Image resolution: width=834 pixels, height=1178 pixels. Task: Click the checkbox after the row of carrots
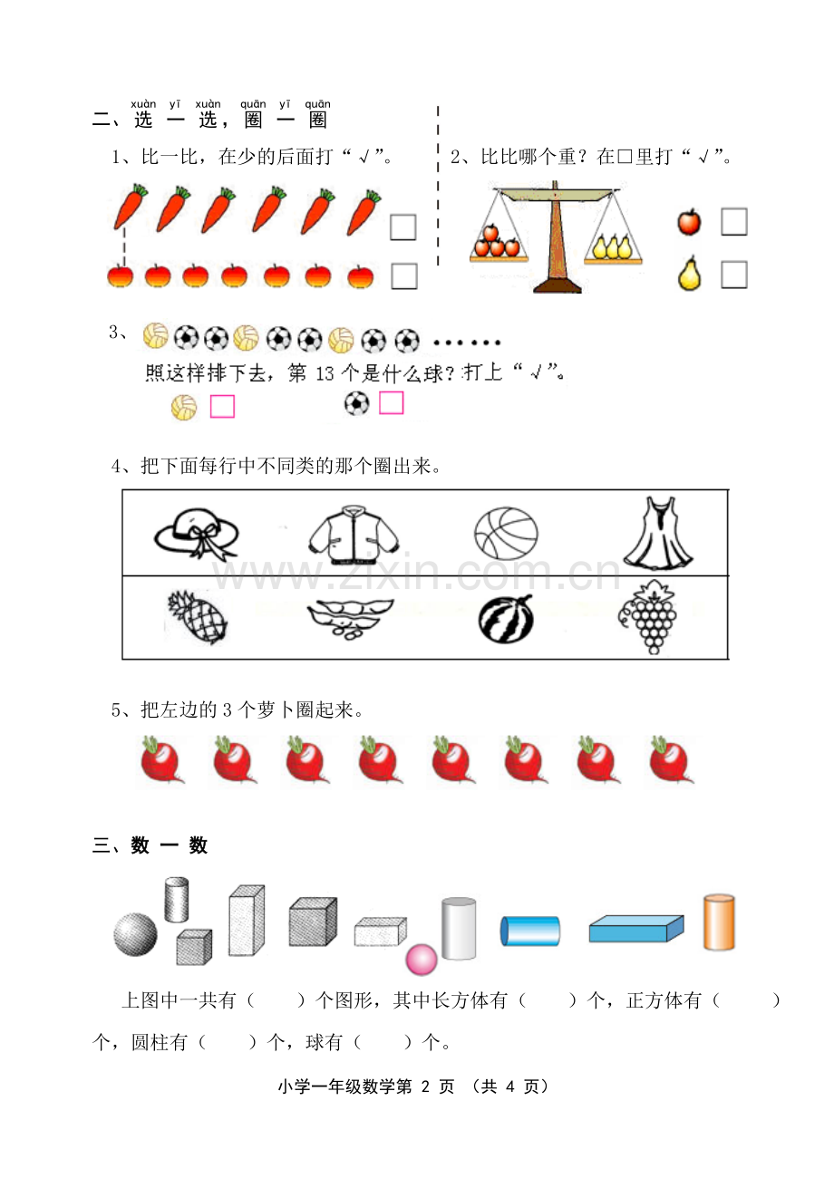coord(403,227)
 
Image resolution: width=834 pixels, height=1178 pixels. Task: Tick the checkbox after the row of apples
coord(404,276)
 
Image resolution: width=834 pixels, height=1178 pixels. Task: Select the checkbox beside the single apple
coord(734,221)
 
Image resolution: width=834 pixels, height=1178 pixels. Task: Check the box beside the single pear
coord(734,275)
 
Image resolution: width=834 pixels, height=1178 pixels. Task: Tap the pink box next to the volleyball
coord(223,407)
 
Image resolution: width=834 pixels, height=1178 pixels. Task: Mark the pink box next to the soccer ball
coord(392,403)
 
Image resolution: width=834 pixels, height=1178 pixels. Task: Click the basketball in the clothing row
coord(506,534)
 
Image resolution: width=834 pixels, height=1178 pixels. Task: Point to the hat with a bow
coord(197,534)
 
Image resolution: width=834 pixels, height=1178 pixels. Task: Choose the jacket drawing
coord(354,535)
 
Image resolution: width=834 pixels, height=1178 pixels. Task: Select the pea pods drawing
coord(350,618)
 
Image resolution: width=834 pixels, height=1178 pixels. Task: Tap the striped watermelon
coord(506,620)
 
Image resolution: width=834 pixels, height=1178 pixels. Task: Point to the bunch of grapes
coord(648,617)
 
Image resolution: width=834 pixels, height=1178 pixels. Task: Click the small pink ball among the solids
coord(422,960)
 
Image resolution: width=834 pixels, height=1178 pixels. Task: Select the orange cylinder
coord(719,922)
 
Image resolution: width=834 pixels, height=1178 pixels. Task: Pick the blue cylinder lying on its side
coord(530,931)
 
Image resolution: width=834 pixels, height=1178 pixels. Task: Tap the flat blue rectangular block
coord(636,929)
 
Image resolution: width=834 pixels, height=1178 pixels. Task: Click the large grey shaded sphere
coord(135,934)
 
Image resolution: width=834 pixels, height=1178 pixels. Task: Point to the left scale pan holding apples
coord(499,259)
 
